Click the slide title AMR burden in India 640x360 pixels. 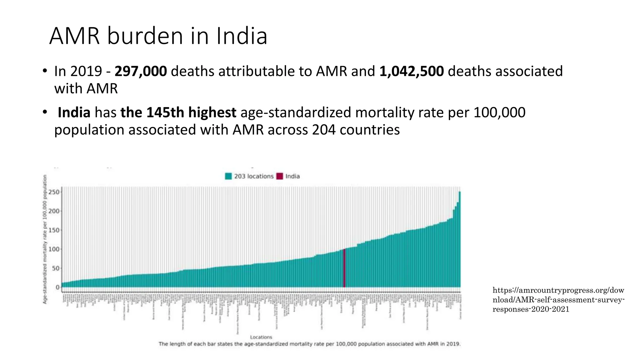click(158, 36)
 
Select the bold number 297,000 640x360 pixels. click(141, 72)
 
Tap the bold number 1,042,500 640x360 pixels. click(412, 72)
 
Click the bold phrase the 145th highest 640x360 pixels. click(178, 112)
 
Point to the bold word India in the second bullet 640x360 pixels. click(74, 112)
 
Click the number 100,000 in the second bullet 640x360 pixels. click(499, 112)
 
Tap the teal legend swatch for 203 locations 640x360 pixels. click(228, 176)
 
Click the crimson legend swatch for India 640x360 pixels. click(280, 176)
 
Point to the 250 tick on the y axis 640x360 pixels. click(54, 192)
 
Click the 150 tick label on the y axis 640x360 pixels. click(54, 230)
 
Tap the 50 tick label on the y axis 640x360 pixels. click(55, 268)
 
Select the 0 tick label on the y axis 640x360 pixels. click(57, 287)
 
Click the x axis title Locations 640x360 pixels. click(261, 337)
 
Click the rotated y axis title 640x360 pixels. click(45, 239)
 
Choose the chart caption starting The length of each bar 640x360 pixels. click(309, 344)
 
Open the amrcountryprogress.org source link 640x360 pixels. click(558, 300)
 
